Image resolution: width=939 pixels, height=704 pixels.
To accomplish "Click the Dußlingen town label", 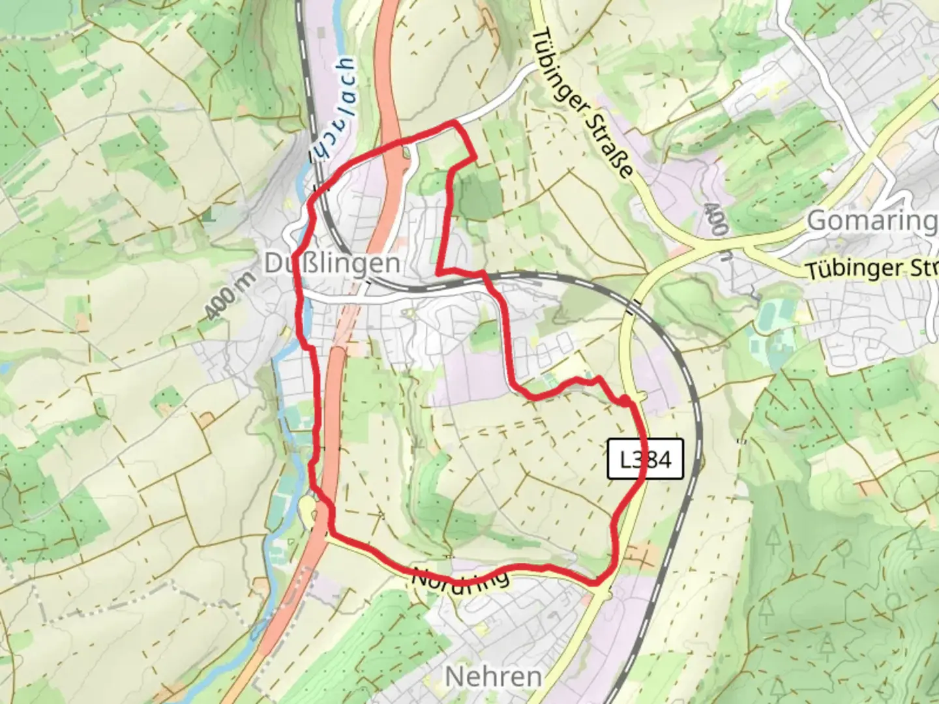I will [333, 263].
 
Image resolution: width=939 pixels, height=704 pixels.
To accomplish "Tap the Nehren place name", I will [494, 677].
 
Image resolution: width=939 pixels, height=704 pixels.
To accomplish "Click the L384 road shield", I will [645, 460].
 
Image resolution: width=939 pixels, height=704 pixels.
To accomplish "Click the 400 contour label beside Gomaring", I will [717, 218].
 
